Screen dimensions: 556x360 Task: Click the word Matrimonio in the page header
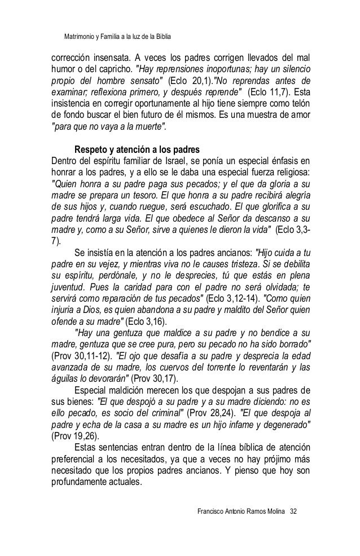pyautogui.click(x=80, y=37)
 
